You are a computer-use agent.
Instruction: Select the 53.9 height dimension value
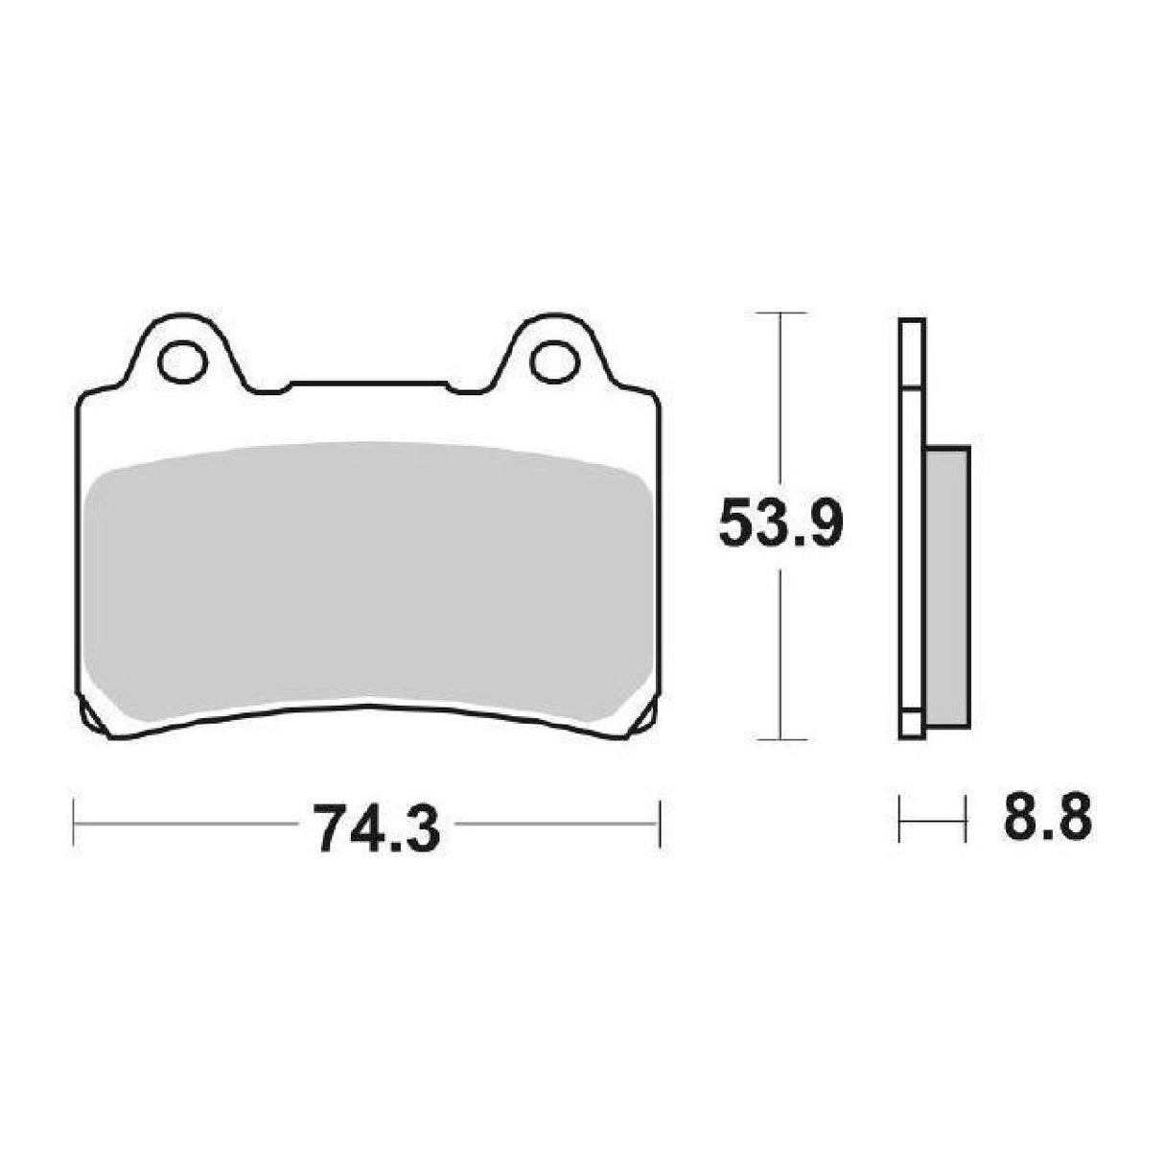tap(780, 523)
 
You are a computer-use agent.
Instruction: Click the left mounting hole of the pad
tap(182, 362)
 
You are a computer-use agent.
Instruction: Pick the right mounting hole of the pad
tap(553, 362)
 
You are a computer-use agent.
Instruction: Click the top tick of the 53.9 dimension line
tap(782, 314)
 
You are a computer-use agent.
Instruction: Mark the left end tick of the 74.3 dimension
tap(75, 823)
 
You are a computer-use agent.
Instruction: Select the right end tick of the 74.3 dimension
tap(660, 823)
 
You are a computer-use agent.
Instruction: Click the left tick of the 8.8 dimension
tap(899, 821)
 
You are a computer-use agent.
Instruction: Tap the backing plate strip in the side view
tap(912, 527)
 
